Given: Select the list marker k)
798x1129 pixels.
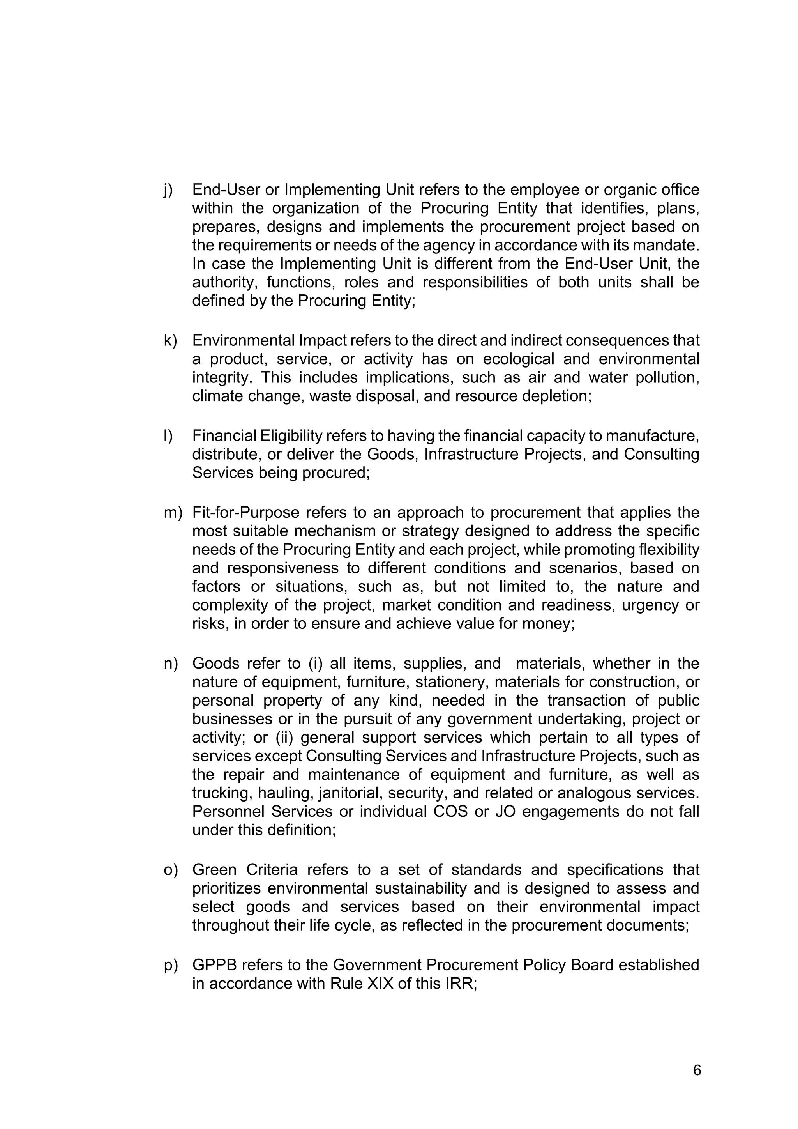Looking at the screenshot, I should coord(170,340).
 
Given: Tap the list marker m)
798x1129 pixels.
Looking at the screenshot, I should coord(173,512).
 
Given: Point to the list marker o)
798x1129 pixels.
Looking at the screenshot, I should coord(171,870).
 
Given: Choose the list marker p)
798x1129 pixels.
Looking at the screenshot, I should coord(171,965).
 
